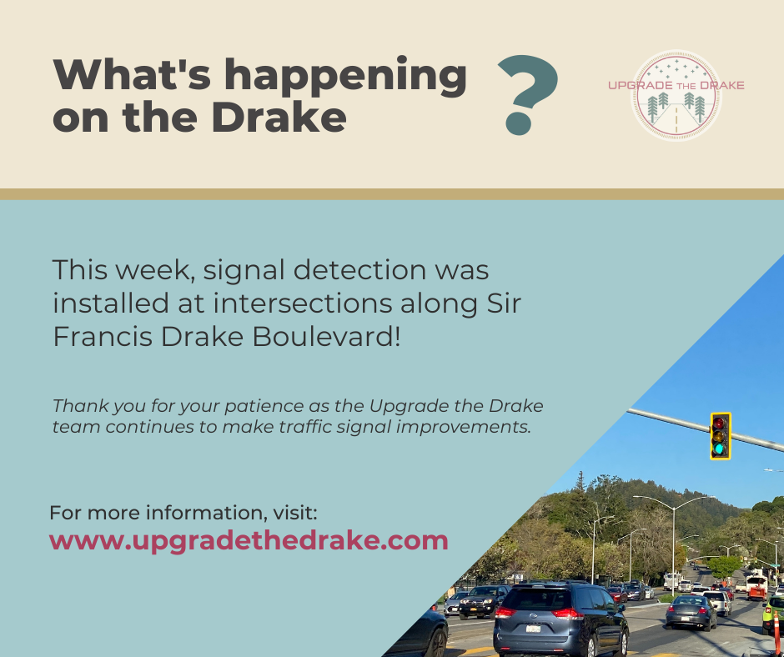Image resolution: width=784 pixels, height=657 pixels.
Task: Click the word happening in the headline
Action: pyautogui.click(x=345, y=77)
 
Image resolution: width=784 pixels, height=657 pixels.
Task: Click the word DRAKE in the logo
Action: pyautogui.click(x=722, y=86)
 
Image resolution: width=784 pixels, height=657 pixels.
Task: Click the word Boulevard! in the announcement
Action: pyautogui.click(x=326, y=337)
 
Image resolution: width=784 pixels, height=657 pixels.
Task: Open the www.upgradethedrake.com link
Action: pyautogui.click(x=249, y=541)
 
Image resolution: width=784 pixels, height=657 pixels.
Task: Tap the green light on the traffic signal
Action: pyautogui.click(x=720, y=449)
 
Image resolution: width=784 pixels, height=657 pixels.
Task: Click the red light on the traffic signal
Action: pyautogui.click(x=720, y=424)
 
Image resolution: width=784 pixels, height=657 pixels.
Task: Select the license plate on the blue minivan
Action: pyautogui.click(x=533, y=629)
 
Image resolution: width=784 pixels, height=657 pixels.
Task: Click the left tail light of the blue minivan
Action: pyautogui.click(x=505, y=612)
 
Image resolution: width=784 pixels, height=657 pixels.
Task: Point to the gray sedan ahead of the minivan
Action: pyautogui.click(x=691, y=612)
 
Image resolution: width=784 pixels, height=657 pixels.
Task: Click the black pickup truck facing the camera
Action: pyautogui.click(x=484, y=602)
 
